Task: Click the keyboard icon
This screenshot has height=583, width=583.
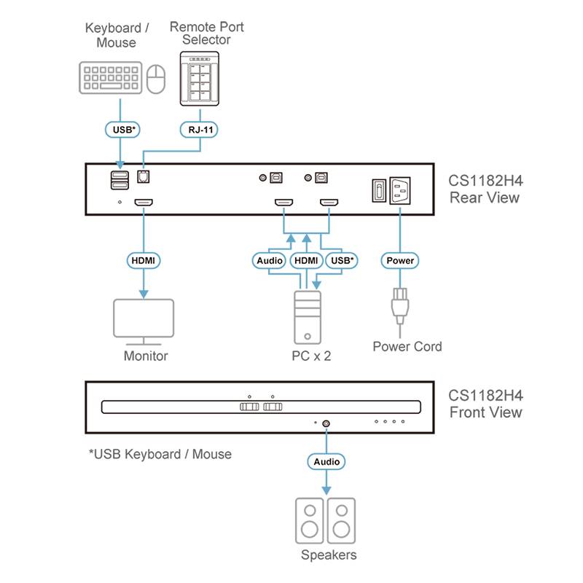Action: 110,77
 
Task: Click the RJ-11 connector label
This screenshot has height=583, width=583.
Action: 200,130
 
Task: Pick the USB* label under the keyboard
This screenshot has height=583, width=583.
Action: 122,130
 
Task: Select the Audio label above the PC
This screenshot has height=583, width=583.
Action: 269,260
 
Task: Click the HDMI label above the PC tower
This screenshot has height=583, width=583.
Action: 306,260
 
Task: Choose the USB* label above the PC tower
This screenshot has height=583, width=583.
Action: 342,260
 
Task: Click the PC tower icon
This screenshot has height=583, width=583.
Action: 306,316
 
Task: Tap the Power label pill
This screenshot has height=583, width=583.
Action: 399,260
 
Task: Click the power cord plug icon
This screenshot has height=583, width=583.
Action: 399,306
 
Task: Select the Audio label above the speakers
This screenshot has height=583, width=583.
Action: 326,461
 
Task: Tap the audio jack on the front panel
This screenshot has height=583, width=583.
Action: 326,422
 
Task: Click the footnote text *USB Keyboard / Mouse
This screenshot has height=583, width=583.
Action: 160,454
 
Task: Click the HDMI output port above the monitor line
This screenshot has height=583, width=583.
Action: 143,204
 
